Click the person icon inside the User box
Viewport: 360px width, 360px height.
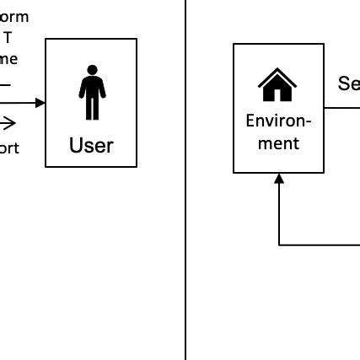[x=91, y=93]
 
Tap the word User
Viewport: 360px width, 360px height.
[x=91, y=146]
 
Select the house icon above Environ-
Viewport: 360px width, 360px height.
[x=278, y=84]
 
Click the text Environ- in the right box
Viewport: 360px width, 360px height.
[x=278, y=121]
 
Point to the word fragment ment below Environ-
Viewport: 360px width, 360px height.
[x=278, y=143]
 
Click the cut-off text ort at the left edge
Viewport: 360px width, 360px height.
[x=8, y=148]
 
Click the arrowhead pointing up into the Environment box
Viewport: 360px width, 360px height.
[x=279, y=178]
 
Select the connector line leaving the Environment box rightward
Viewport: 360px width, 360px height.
[x=341, y=108]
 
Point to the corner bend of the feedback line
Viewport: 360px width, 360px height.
[x=279, y=244]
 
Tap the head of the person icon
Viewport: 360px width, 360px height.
[x=91, y=69]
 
